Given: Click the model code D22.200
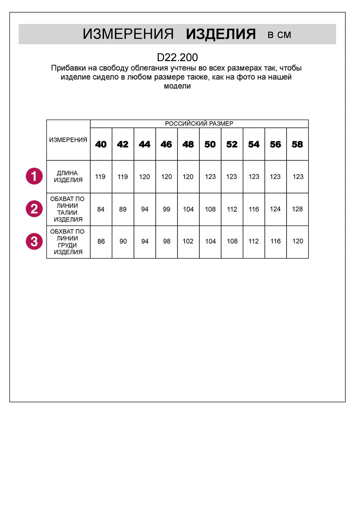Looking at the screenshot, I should coord(177,57).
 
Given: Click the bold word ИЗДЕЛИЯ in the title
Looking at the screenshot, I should coord(221,34).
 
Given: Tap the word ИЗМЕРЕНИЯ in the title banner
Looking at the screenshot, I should coord(128,34).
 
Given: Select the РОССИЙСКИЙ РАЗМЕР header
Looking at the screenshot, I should coord(199,124).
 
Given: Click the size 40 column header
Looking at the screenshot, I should coord(101,144).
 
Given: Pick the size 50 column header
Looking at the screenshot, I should coord(210,144).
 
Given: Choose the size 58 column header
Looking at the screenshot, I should coord(297,144).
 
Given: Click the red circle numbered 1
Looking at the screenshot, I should coord(34,176).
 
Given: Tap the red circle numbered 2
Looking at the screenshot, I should coord(34,209).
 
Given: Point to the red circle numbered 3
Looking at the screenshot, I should coord(34,241).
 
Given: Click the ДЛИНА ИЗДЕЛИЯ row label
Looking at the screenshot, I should coord(68,176).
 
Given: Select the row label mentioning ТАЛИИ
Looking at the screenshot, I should coord(68,209).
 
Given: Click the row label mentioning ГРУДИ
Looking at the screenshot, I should coord(68,242).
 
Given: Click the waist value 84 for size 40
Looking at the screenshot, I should coord(101,209).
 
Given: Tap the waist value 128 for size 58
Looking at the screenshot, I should coord(297,209).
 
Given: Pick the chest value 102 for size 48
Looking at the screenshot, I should coord(188,241).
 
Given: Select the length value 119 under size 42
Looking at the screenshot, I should coord(123,177).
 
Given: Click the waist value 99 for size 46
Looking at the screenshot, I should coord(166,209).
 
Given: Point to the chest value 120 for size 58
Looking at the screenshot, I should coord(297,241).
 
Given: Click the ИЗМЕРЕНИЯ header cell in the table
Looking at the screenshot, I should coord(68,140).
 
